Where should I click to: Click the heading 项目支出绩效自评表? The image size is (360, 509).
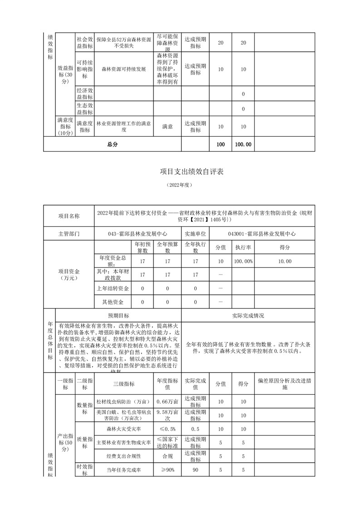pos(192,171)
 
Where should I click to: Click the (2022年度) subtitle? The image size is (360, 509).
pos(180,185)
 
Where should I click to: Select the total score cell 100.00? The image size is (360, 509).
pos(243,144)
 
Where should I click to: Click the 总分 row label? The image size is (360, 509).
pos(112,144)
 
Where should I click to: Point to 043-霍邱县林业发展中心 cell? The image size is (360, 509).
pos(137,234)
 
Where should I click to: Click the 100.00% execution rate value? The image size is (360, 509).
pos(243,261)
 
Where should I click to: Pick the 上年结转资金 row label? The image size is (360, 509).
pos(113,289)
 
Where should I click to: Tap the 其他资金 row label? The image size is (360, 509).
pos(113,302)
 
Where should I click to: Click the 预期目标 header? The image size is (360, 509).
pos(118,316)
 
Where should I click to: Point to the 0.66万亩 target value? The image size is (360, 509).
pos(168,402)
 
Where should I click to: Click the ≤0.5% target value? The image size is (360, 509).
pos(168,429)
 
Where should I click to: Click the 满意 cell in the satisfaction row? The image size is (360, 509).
pos(168,127)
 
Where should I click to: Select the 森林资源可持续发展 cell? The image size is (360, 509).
pos(123,69)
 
